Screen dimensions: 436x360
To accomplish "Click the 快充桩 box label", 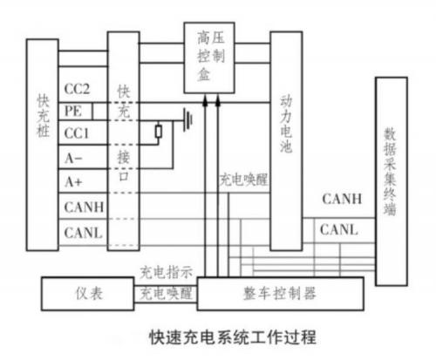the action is [x=43, y=115].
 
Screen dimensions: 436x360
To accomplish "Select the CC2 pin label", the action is [x=77, y=89].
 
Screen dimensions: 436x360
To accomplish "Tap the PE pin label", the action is [x=73, y=111].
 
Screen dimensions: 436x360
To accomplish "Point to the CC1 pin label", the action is [x=77, y=133].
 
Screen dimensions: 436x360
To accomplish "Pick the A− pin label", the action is [x=73, y=159].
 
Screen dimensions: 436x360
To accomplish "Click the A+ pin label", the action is [x=73, y=182].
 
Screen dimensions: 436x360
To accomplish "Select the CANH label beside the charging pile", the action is [x=84, y=207].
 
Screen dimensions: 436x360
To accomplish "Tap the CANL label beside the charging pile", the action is [x=83, y=233].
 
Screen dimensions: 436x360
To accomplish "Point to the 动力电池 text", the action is [x=286, y=125].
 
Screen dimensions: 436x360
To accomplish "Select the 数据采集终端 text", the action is [x=391, y=172].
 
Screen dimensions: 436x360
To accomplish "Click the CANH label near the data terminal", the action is [x=342, y=199].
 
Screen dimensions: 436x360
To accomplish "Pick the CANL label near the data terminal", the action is [x=338, y=229].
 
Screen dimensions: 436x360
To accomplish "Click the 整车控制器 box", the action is [x=281, y=294].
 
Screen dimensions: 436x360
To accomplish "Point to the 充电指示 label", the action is [x=166, y=272].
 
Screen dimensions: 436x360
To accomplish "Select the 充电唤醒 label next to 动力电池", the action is [x=243, y=180].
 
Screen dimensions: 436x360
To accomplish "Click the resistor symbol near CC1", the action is [x=159, y=132].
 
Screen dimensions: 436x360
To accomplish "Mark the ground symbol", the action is [x=187, y=119].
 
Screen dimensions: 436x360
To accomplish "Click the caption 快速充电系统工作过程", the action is [x=233, y=337].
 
